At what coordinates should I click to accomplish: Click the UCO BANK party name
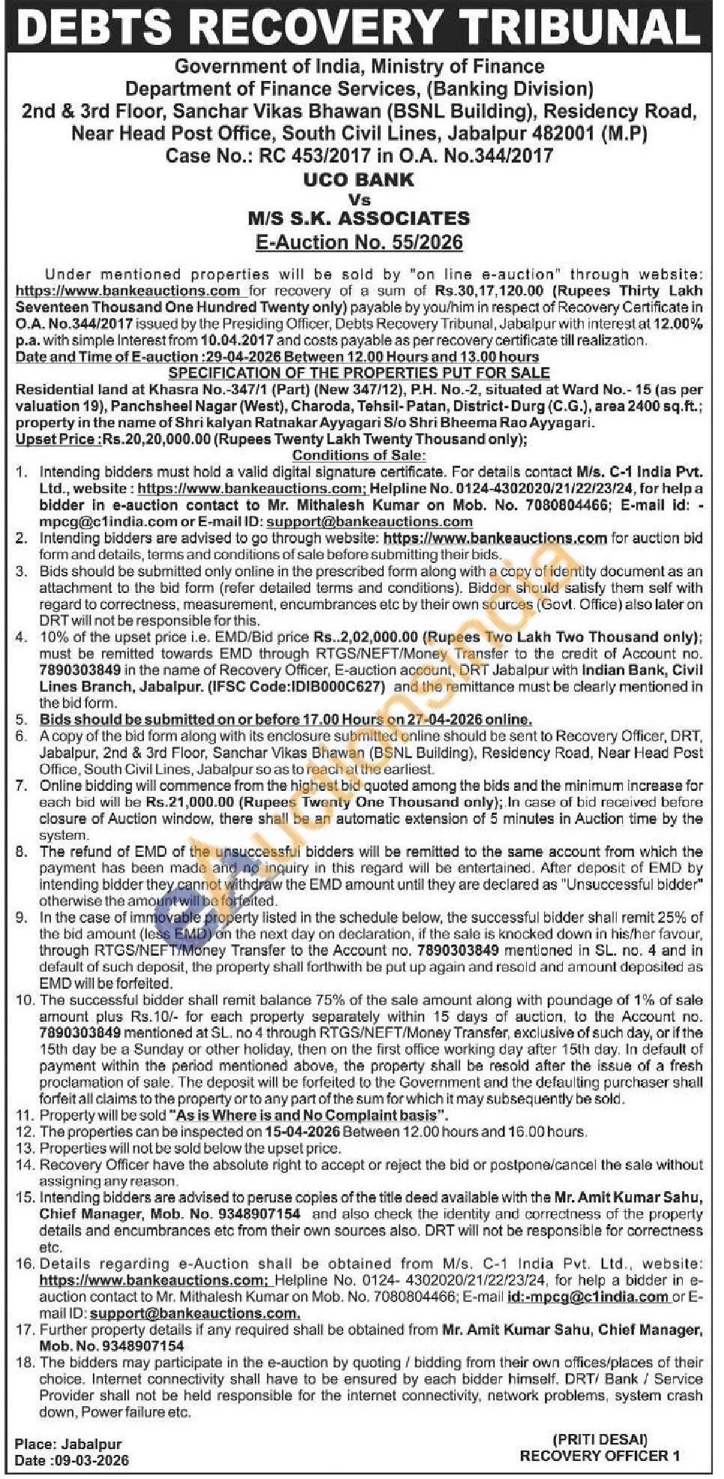coord(358,180)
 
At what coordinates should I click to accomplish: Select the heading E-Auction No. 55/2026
coord(358,242)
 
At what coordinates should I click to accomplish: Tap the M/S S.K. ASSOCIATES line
coord(358,218)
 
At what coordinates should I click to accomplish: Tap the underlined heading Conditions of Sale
coord(359,456)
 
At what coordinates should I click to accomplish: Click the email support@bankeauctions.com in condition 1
coord(369,522)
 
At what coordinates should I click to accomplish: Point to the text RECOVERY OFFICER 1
coord(600,1456)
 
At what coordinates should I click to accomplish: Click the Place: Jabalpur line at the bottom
coord(67,1444)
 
